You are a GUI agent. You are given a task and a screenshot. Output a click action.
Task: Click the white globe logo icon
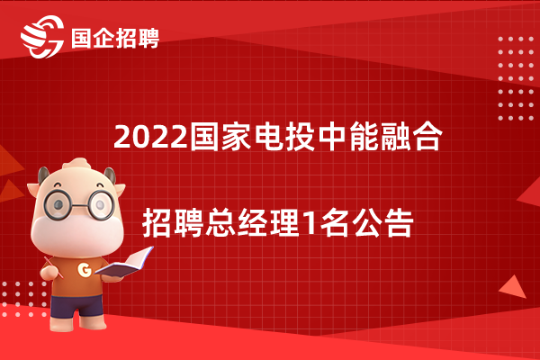[x=42, y=37]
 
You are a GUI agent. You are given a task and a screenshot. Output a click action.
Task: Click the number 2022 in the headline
[x=151, y=137]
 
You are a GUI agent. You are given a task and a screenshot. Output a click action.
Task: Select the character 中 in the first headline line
[x=332, y=137]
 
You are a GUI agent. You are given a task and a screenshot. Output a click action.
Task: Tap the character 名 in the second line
[x=334, y=222]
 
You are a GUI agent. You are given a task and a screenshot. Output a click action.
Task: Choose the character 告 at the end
[x=399, y=222]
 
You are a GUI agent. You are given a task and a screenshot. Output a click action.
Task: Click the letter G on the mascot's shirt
[x=84, y=269]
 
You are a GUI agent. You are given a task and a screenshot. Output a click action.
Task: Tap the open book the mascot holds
[x=125, y=263]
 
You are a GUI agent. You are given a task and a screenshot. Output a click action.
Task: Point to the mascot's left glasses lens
[x=58, y=205]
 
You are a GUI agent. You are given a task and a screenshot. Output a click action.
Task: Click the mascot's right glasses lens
[x=101, y=205]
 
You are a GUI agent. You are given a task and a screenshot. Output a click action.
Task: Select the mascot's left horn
[x=42, y=175]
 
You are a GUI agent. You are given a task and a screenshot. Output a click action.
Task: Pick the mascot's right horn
[x=110, y=175]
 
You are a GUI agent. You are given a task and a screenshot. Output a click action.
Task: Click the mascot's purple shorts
[x=76, y=306]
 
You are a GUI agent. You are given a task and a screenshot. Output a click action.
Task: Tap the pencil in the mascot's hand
[x=53, y=267]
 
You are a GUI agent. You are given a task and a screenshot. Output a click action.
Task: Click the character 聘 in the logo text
[x=148, y=38]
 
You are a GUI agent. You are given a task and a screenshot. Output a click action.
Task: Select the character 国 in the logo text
[x=81, y=38]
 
